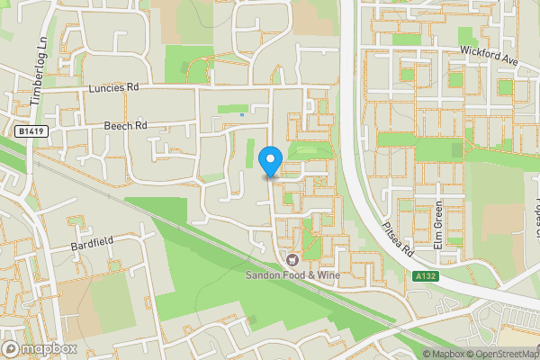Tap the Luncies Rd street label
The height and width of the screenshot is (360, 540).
tap(115, 88)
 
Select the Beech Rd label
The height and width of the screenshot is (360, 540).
tap(124, 126)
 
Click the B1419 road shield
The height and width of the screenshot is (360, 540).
tap(31, 131)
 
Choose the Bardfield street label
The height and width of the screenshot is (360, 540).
tap(94, 245)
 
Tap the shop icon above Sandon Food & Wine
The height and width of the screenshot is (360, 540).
tap(291, 259)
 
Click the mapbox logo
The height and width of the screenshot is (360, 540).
tap(40, 348)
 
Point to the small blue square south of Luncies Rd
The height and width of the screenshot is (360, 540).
tap(243, 114)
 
